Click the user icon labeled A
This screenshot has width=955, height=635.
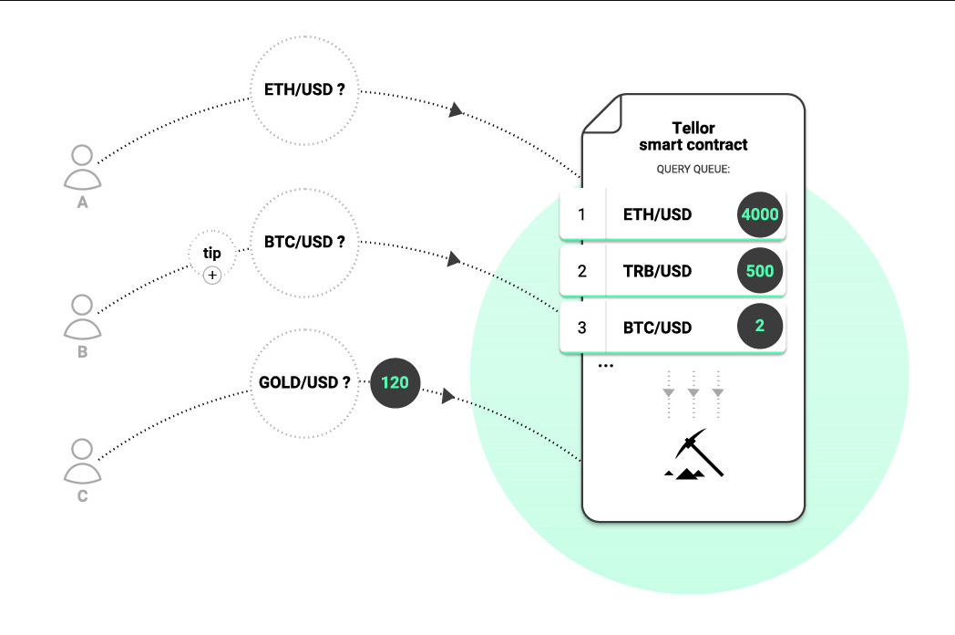pos(82,167)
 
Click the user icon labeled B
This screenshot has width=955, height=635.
pos(82,316)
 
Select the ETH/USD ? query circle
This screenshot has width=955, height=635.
pos(304,91)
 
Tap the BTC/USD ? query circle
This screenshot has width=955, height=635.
pos(304,243)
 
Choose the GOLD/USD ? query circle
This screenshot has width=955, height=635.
pos(304,382)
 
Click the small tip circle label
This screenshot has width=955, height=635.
pos(211,253)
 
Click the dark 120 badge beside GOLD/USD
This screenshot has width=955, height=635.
pos(395,382)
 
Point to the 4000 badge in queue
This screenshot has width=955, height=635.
pos(760,215)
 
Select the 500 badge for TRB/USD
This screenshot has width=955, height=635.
pos(760,271)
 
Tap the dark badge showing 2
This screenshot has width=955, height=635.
pos(760,327)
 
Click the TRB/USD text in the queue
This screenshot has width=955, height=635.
pos(657,271)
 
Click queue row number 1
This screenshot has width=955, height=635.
pos(582,215)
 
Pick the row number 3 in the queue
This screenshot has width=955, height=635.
pos(582,328)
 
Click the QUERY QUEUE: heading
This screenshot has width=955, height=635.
pos(693,170)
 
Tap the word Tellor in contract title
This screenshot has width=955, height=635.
pos(693,129)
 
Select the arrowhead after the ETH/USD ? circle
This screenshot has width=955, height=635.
pos(457,109)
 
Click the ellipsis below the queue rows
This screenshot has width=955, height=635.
pos(606,366)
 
